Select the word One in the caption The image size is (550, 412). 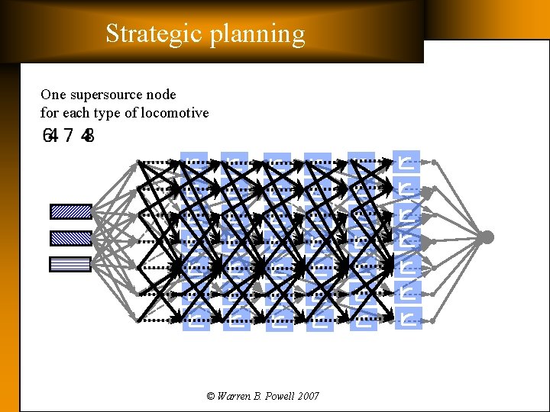(53, 95)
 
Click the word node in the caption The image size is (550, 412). (163, 95)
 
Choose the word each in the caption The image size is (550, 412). (78, 113)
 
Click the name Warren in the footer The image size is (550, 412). (236, 396)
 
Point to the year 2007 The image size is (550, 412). (309, 396)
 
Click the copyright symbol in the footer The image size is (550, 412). (211, 396)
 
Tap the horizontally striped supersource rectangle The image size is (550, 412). (70, 264)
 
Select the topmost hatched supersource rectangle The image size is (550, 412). (70, 211)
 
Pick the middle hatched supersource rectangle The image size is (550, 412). (70, 238)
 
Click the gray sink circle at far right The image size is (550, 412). (486, 237)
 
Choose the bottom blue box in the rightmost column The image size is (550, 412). (409, 317)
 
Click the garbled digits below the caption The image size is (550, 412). (69, 137)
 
